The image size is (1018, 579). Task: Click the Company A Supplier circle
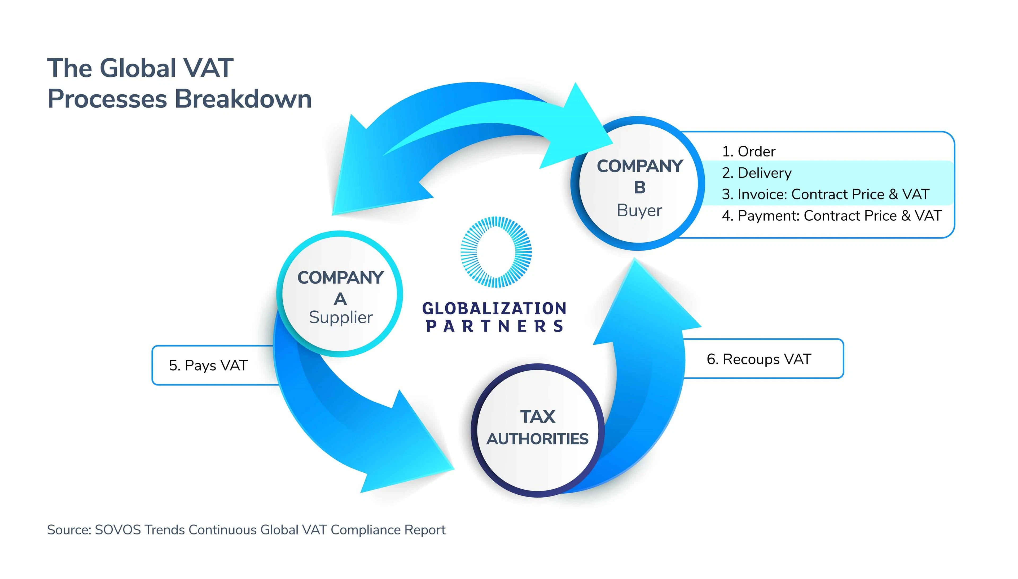340,294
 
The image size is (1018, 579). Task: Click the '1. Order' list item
749,151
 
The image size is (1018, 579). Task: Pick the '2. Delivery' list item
757,173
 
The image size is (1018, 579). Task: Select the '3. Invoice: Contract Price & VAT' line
825,194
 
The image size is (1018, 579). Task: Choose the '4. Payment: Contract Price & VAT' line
832,216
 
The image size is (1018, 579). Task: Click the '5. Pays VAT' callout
208,365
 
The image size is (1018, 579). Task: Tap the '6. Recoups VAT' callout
758,359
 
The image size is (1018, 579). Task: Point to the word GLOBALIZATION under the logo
494,308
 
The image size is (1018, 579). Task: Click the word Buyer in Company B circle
639,210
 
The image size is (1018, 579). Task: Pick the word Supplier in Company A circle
340,317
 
